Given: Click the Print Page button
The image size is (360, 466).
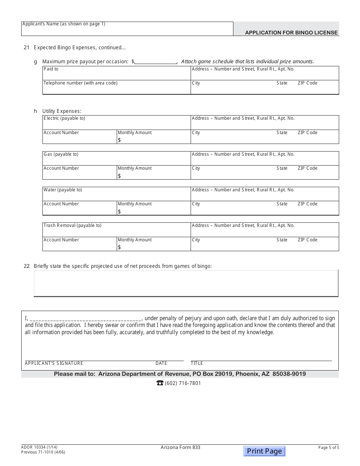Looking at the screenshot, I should click(x=264, y=451).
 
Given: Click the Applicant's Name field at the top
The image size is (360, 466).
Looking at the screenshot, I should click(x=127, y=29).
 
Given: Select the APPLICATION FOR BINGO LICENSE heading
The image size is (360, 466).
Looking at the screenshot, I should click(x=291, y=33).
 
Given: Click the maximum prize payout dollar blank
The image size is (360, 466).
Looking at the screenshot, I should click(x=156, y=61).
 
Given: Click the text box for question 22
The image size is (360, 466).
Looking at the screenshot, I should click(x=186, y=283).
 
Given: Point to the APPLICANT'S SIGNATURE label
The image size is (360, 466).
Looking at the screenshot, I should click(x=54, y=363).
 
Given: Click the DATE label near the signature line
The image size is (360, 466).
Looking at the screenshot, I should click(x=161, y=363).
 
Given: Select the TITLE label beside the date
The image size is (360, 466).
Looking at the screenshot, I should click(x=197, y=363).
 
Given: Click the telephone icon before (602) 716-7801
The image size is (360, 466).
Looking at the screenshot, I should click(x=160, y=383).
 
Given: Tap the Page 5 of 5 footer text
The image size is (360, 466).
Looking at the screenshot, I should click(x=329, y=447).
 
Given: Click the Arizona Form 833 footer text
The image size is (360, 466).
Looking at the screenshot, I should click(x=180, y=447).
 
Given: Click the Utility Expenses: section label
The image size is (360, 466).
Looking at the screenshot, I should click(x=62, y=111).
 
